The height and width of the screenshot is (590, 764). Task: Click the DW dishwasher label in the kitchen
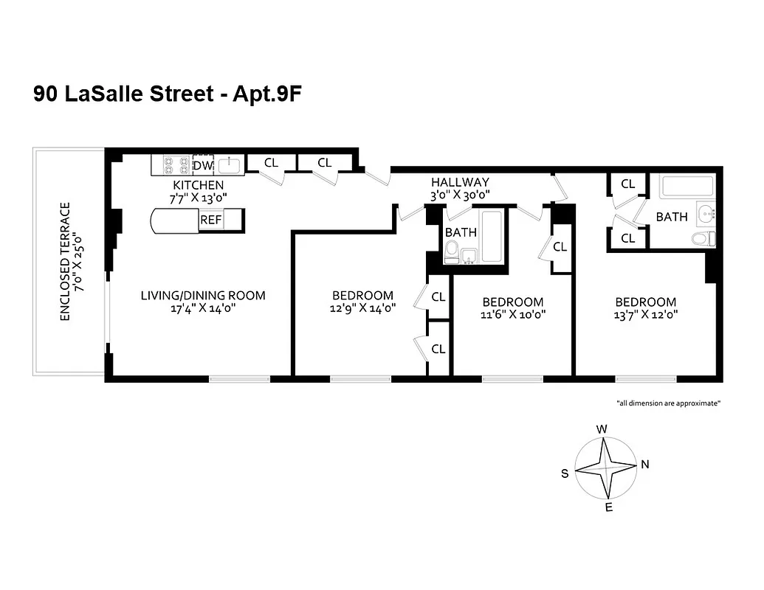click(202, 165)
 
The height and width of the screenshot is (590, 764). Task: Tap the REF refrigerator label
click(210, 220)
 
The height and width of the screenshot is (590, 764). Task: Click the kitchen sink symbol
click(229, 164)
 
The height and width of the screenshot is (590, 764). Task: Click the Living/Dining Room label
click(203, 296)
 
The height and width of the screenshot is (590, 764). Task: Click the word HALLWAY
click(460, 182)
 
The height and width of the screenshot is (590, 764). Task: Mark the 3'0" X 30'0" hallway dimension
click(460, 195)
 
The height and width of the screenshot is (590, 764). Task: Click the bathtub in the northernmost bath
click(687, 185)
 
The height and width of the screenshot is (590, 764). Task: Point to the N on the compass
click(644, 465)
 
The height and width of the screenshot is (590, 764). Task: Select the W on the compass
click(602, 429)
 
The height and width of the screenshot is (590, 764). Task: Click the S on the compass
click(565, 473)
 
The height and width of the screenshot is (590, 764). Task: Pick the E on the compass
click(609, 508)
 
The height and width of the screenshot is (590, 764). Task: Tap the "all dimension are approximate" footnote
click(668, 403)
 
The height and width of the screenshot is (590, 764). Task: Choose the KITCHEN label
click(198, 184)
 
